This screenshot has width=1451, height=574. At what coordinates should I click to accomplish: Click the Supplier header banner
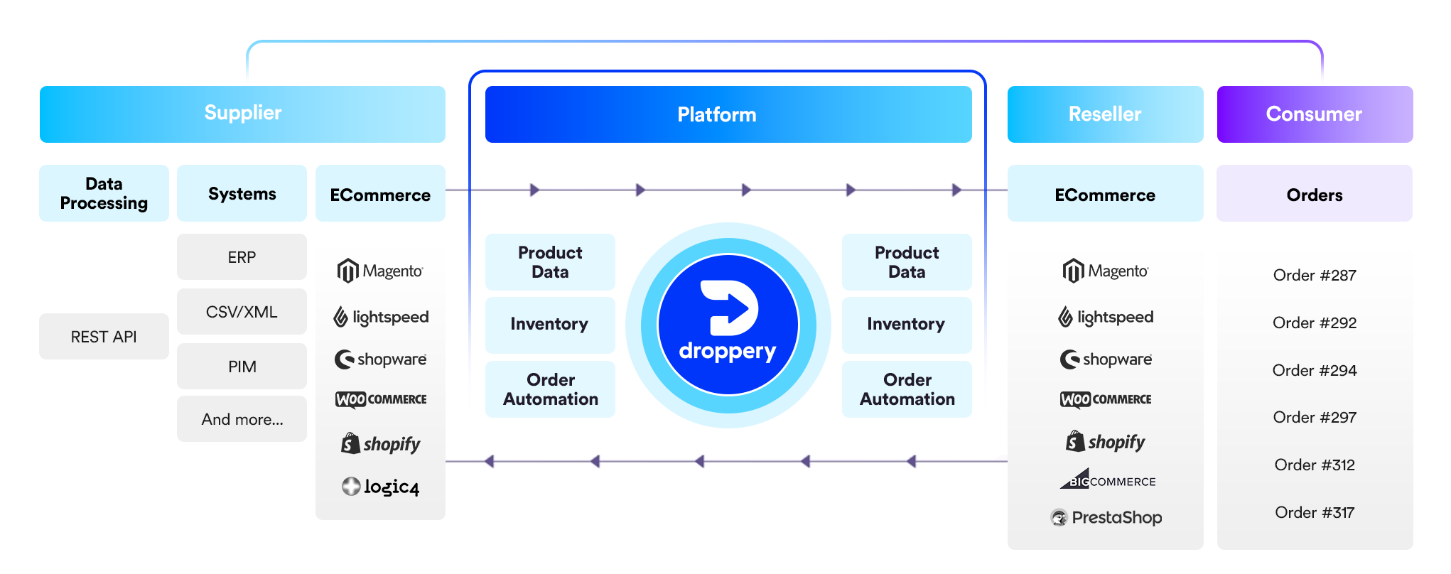click(242, 114)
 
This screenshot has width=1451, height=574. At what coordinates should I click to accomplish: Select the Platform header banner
click(728, 114)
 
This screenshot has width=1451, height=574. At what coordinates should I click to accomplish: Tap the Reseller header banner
click(1105, 114)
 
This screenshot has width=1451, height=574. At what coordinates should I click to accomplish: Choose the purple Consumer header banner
click(1315, 114)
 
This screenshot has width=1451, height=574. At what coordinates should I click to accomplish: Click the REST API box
click(104, 337)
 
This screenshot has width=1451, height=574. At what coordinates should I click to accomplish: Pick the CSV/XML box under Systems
click(242, 312)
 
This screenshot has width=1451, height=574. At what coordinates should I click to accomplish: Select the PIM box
click(242, 367)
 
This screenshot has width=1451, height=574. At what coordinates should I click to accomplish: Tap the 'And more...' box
click(242, 419)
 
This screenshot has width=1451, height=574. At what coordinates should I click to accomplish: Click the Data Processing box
click(104, 193)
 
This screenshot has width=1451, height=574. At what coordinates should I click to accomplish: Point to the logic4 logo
click(381, 487)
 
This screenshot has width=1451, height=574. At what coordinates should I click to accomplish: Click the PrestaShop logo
click(1106, 517)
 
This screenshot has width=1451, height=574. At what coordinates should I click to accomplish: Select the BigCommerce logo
click(1107, 480)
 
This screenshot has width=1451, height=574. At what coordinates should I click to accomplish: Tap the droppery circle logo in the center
click(728, 325)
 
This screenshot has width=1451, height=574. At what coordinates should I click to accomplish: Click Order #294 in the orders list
click(1315, 370)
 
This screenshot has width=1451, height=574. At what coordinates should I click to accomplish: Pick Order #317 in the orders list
click(1315, 512)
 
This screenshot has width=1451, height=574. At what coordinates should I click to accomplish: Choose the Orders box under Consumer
click(1315, 194)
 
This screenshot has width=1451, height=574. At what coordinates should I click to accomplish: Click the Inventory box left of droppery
click(549, 325)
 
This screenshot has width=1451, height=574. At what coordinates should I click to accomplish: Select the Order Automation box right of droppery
click(907, 389)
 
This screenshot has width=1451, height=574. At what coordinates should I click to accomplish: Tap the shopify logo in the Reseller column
click(1106, 442)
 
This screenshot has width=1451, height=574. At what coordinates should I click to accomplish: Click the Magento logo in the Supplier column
click(380, 271)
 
